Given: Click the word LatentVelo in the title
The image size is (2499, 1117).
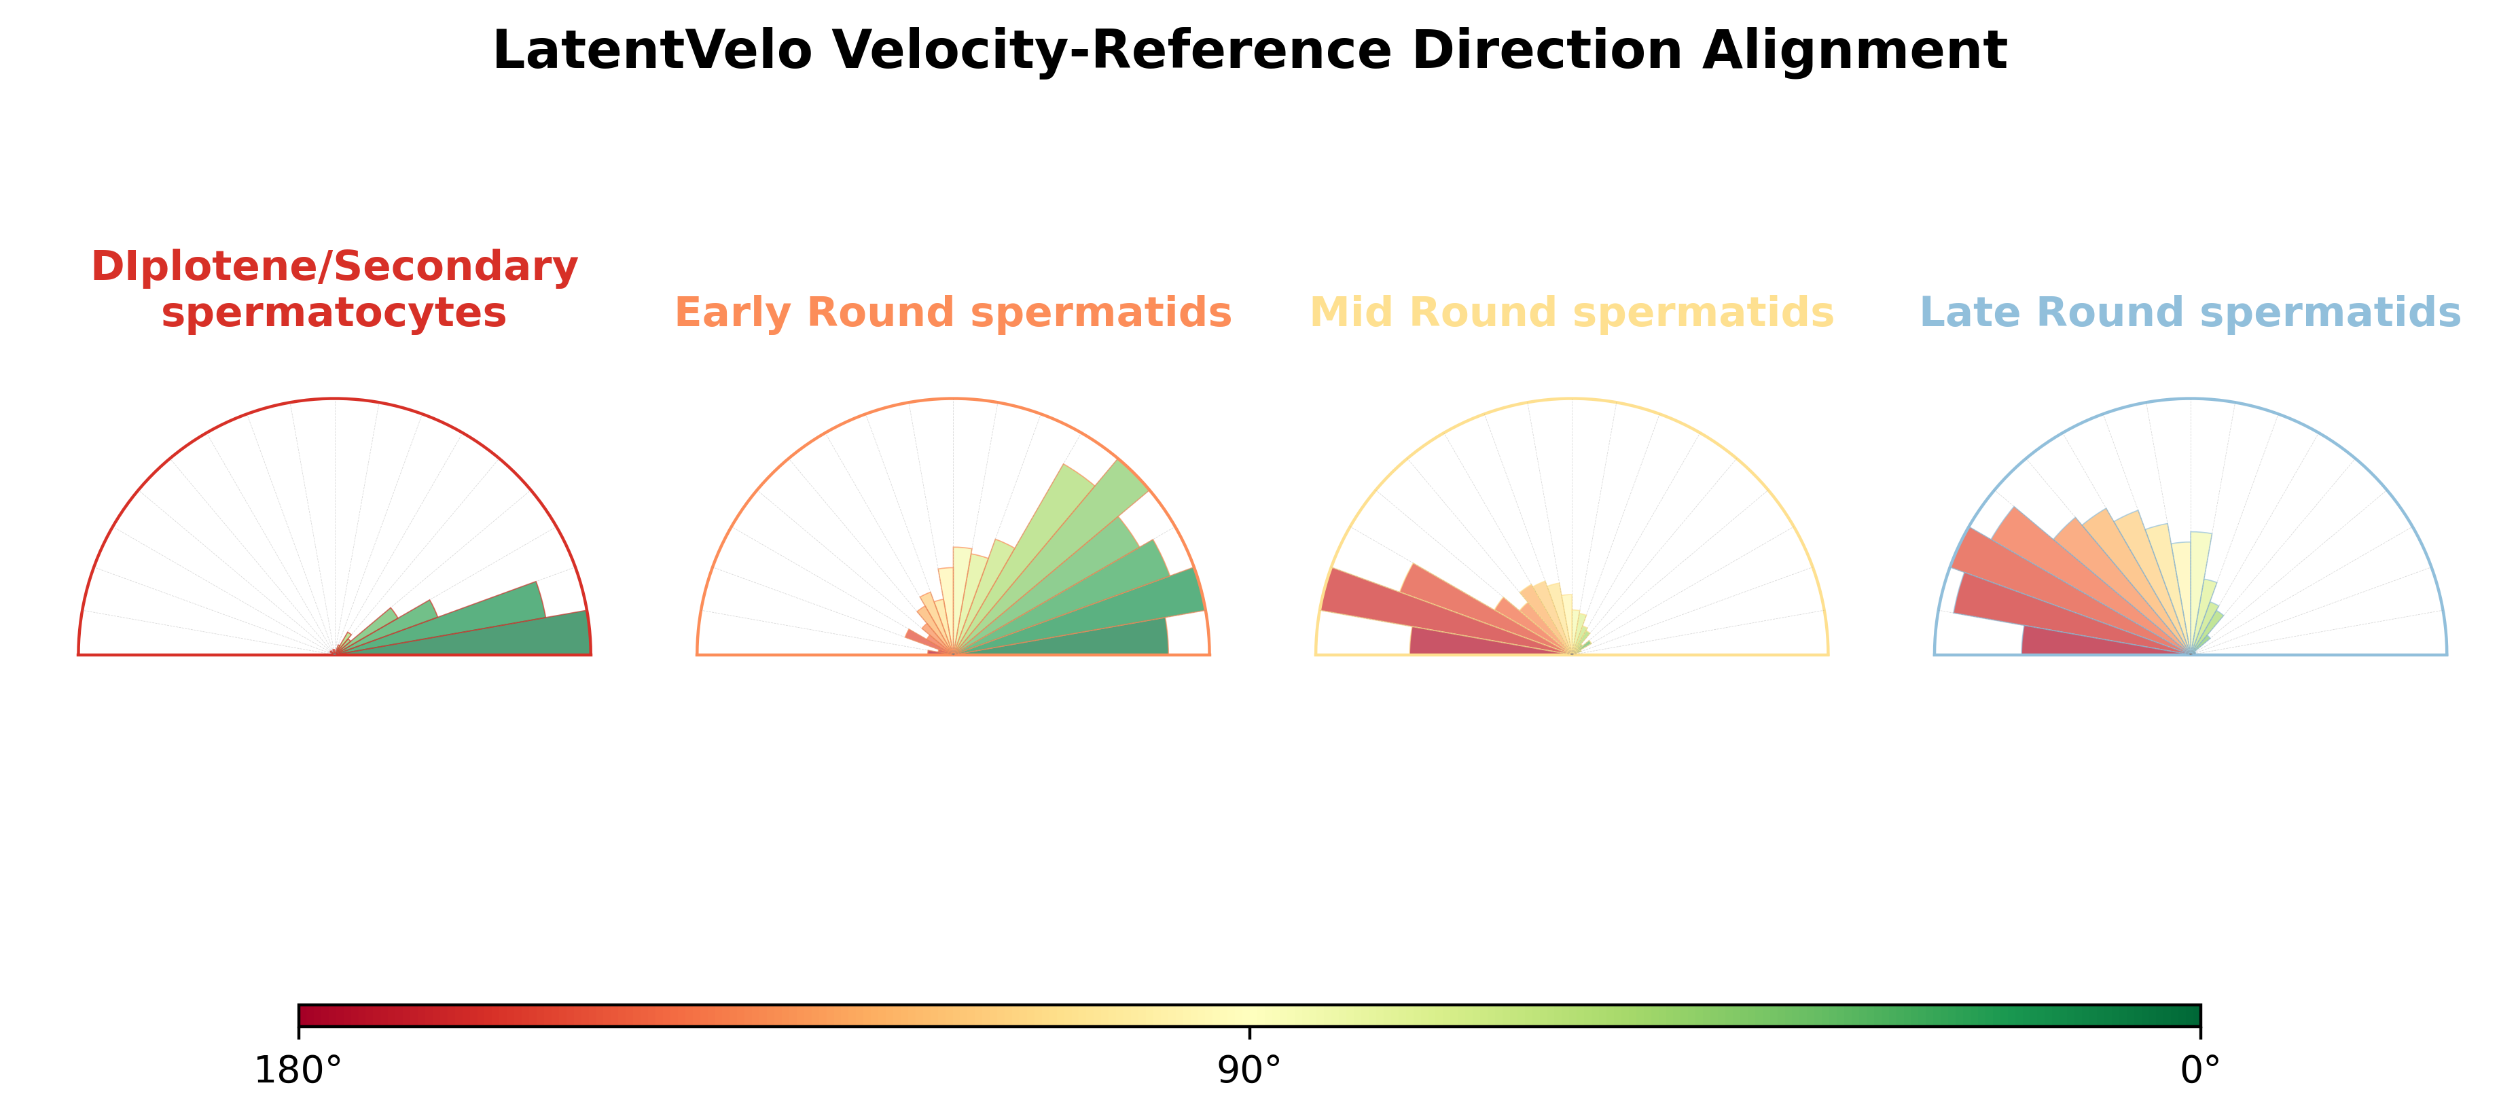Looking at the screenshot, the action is point(652,50).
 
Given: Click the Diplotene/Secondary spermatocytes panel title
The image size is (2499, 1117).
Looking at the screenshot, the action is point(335,289).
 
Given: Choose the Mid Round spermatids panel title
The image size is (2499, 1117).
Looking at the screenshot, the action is point(1572,313).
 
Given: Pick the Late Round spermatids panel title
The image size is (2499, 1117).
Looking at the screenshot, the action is point(2191,313).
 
